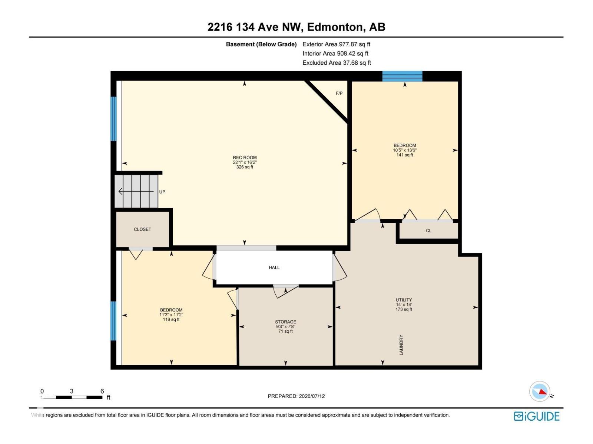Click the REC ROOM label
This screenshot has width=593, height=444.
click(x=245, y=158)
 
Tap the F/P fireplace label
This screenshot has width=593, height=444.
click(x=339, y=93)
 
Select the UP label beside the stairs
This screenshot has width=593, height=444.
click(x=162, y=192)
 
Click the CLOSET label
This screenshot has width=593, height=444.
click(x=142, y=229)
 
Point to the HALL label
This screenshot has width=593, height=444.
click(x=274, y=268)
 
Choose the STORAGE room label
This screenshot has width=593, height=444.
click(x=285, y=322)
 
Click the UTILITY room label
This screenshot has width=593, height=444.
click(x=404, y=300)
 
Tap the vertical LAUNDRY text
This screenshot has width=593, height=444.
click(x=401, y=345)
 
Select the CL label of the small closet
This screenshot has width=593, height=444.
click(x=428, y=231)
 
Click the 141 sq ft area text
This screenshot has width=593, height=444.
click(x=404, y=155)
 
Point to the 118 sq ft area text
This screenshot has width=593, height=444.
click(x=171, y=319)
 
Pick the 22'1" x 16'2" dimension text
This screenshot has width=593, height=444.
click(x=245, y=162)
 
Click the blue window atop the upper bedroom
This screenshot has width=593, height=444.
click(x=402, y=76)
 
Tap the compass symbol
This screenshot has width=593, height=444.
click(x=540, y=391)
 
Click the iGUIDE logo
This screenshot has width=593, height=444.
click(x=536, y=416)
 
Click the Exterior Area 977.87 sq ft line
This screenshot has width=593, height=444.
click(x=336, y=44)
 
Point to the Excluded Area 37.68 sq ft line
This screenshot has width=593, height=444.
click(x=337, y=63)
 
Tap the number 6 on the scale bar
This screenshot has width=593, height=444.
click(x=102, y=391)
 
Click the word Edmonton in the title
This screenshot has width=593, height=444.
click(x=335, y=27)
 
